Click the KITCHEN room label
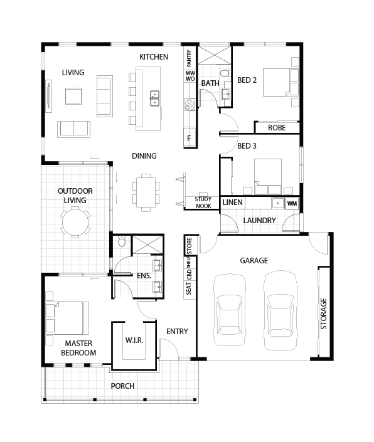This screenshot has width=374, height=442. point(154,57)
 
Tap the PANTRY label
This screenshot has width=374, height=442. point(189,58)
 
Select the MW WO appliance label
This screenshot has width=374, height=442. point(190,76)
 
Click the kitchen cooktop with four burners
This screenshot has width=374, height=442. point(190,105)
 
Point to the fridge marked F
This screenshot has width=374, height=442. point(190,138)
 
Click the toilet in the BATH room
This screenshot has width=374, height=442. point(225,73)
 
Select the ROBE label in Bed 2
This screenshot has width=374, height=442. point(277,128)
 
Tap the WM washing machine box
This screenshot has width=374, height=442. point(292,203)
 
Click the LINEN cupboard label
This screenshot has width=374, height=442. point(232,203)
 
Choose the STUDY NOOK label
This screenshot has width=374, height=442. point(203,203)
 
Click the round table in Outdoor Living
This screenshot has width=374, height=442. point(75,222)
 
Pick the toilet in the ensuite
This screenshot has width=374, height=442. point(122,241)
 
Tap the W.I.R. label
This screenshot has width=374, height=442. point(134,340)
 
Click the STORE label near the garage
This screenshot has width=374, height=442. point(190,245)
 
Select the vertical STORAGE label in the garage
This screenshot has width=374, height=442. point(324,313)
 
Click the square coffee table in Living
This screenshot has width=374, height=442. point(73,96)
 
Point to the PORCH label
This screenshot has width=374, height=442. point(122,386)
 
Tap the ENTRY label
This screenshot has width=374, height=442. point(177,332)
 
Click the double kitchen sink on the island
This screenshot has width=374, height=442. point(154,98)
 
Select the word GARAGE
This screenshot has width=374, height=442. point(254,260)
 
